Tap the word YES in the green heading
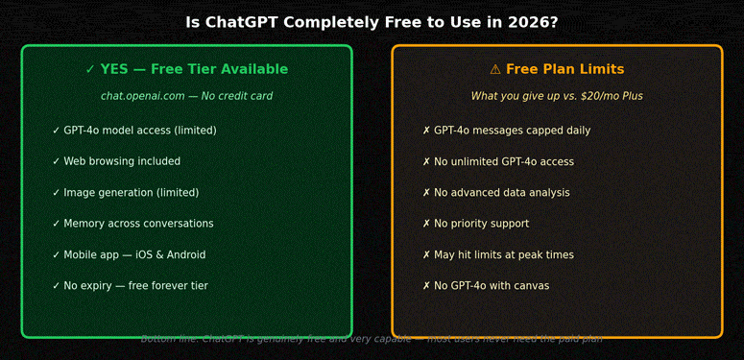click(x=114, y=69)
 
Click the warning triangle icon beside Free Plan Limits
click(x=495, y=69)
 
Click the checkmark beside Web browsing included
click(x=56, y=161)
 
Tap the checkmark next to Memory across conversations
click(x=56, y=224)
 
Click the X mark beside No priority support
click(x=426, y=224)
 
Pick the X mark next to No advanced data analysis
click(x=426, y=193)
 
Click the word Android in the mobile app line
click(x=183, y=255)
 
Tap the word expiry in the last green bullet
click(x=100, y=286)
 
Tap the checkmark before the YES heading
click(x=90, y=69)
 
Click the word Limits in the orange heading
click(x=601, y=69)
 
